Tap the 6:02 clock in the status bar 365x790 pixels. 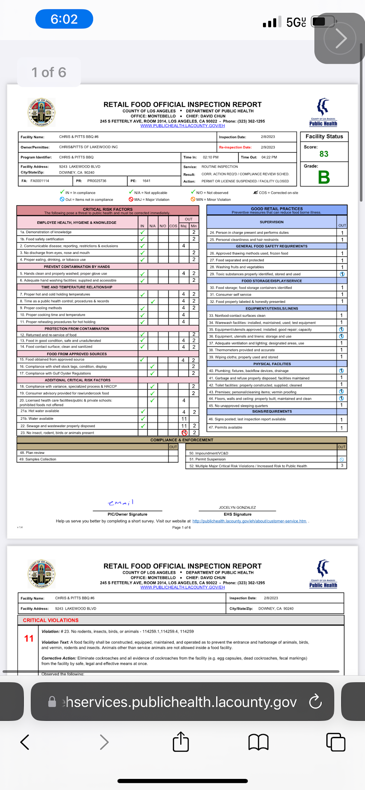64,19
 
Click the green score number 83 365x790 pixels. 324,154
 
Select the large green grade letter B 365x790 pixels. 324,177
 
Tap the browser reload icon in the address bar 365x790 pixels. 315,702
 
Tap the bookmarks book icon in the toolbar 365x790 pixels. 258,742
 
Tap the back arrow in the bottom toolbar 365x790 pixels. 25,742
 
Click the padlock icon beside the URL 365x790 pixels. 52,702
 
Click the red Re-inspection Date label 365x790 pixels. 235,147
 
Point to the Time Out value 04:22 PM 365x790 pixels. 269,157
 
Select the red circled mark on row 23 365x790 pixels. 184,432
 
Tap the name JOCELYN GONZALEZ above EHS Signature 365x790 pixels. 237,507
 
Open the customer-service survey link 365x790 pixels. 249,521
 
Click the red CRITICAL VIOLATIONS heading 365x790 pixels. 51,620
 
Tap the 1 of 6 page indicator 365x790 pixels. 49,72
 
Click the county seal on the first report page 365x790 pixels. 42,112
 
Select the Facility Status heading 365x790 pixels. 324,136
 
